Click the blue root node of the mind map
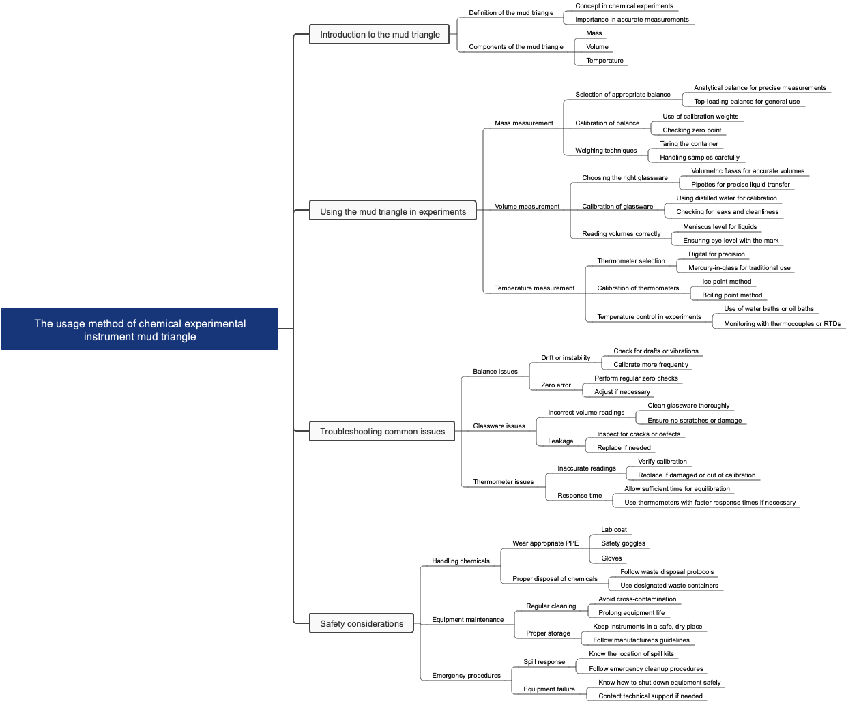pos(139,329)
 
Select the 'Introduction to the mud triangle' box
pos(379,35)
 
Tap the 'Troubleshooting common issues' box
pos(382,432)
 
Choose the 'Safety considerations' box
pos(362,624)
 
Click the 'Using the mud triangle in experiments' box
pos(393,212)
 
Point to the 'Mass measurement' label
pos(523,123)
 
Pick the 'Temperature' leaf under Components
pos(604,61)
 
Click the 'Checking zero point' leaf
pos(691,130)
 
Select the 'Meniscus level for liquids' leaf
pos(719,227)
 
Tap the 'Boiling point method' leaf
pos(731,295)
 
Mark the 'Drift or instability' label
pos(565,358)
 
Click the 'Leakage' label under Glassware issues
pos(560,441)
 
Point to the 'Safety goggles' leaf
pos(622,543)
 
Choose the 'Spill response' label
pos(544,662)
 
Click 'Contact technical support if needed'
pos(650,696)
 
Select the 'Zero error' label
pos(555,385)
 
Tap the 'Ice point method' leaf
pos(726,282)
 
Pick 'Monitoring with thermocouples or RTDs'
pos(781,324)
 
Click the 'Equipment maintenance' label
pos(467,620)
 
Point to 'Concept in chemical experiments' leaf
pos(623,6)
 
